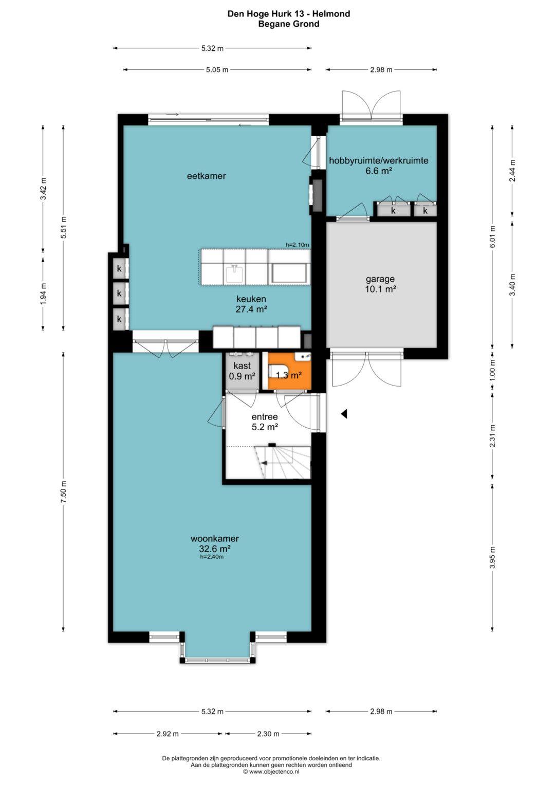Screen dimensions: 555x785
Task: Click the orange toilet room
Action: pos(289,371)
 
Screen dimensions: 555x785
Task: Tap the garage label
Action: pos(380,279)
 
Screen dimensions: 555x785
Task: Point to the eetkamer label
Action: pos(207,176)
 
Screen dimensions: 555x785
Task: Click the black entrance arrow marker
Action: pos(344,414)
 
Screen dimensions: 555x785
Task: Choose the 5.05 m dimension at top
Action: pos(217,70)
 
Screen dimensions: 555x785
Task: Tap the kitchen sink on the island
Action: pos(234,273)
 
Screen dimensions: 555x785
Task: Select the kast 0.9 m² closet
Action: pos(242,371)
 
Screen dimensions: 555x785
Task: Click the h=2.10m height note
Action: pos(297,245)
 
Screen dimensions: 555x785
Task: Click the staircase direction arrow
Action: pos(264,463)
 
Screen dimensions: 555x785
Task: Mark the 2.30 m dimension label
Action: pos(268,734)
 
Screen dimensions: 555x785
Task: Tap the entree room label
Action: pos(265,417)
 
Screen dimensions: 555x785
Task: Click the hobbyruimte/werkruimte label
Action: pos(378,160)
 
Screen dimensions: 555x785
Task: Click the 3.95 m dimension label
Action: pos(492,558)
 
